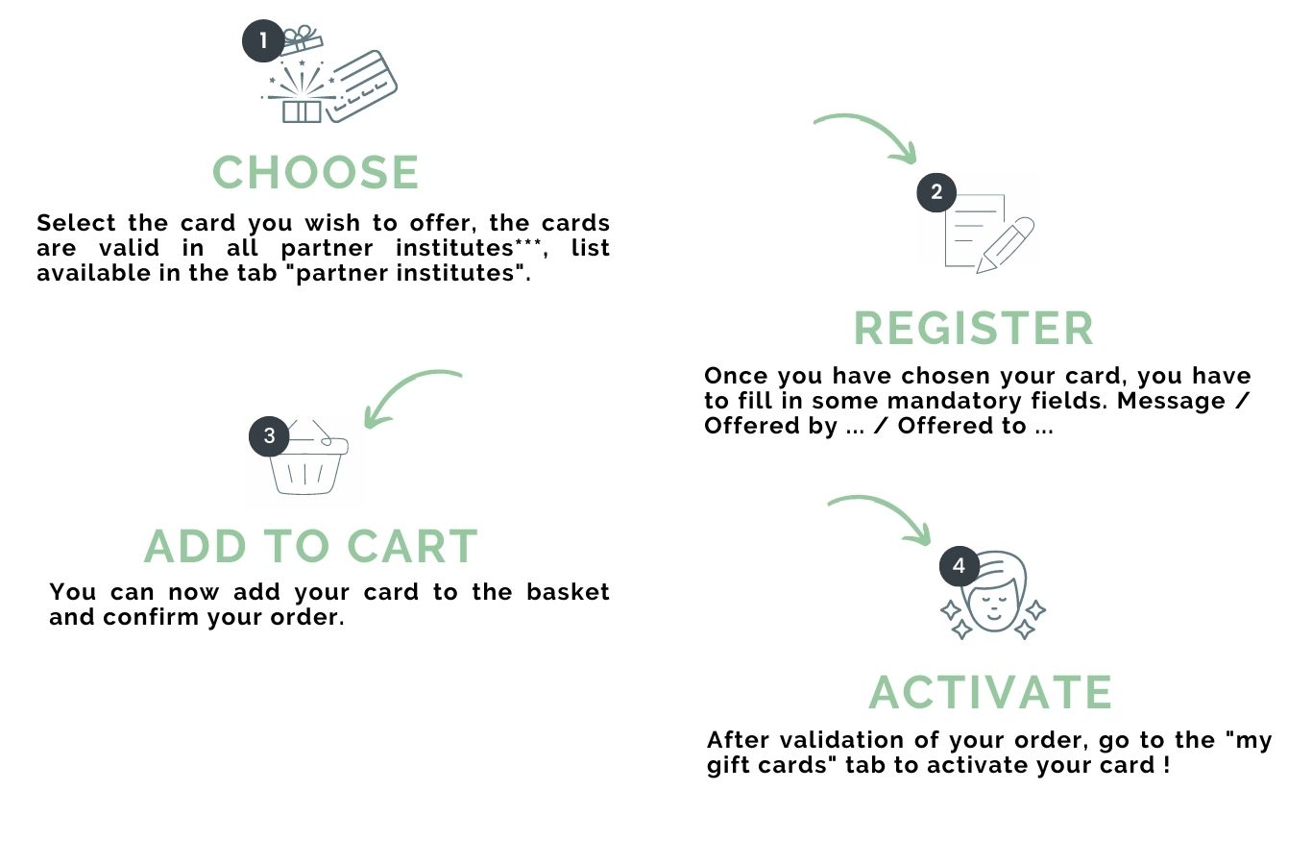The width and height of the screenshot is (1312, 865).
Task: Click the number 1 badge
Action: tap(263, 41)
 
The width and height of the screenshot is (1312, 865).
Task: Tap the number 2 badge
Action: tap(936, 192)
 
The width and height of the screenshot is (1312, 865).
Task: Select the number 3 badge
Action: tap(269, 436)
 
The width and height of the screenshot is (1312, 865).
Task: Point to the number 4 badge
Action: tap(959, 566)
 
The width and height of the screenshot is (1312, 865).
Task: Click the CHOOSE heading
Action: tap(316, 174)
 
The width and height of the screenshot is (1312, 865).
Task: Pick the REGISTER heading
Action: tap(974, 329)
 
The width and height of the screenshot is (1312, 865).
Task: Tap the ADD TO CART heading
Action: tap(311, 547)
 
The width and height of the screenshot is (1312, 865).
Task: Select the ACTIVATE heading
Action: tap(990, 693)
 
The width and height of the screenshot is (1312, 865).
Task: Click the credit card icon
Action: tap(361, 86)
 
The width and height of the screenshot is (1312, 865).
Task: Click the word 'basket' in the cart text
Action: tap(568, 592)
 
